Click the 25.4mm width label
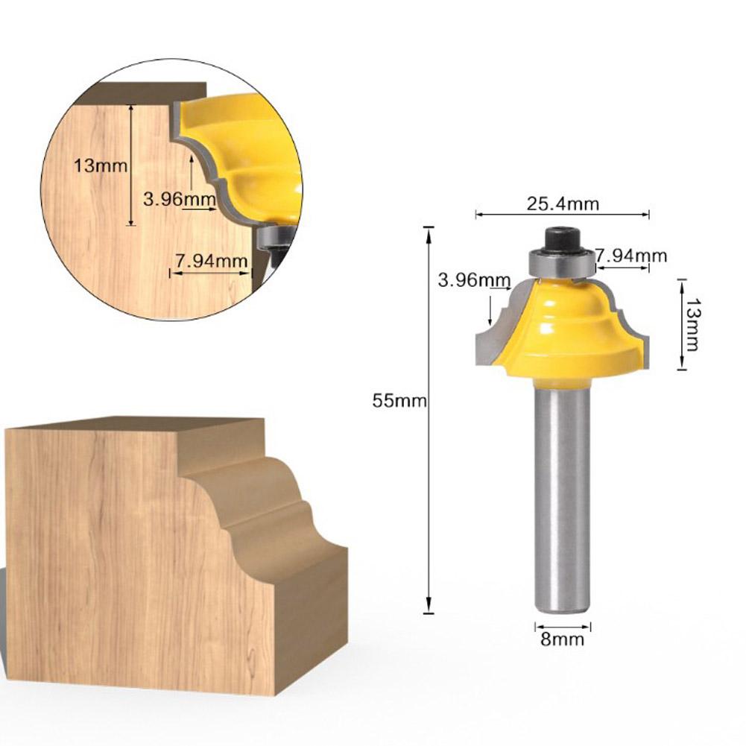coord(563,203)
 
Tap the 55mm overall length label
coord(399,401)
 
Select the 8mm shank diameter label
coord(563,639)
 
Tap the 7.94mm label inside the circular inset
coord(211,260)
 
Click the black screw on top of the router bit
coord(562,240)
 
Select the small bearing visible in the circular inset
coord(273,238)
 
